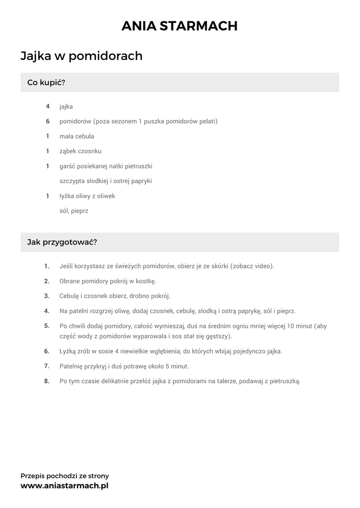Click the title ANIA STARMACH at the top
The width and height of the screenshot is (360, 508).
click(x=180, y=26)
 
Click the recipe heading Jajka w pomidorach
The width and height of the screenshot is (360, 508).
click(x=81, y=56)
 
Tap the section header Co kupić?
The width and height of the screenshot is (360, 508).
click(x=46, y=82)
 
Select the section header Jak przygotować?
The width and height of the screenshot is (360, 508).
click(x=62, y=243)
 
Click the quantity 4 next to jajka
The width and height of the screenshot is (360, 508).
click(x=48, y=106)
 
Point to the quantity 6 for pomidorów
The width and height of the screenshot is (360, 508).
click(x=48, y=121)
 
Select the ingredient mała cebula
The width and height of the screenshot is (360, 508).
click(x=76, y=136)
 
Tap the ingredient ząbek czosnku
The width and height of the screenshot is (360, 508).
click(x=80, y=151)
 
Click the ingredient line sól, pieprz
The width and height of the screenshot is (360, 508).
click(x=73, y=211)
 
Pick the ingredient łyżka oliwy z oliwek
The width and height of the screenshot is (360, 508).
click(x=87, y=196)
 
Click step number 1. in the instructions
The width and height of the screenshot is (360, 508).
click(x=47, y=266)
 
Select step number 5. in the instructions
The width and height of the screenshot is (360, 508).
click(x=47, y=326)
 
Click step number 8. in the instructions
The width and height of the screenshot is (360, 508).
click(x=47, y=381)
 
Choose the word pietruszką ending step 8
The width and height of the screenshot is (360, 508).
click(x=284, y=381)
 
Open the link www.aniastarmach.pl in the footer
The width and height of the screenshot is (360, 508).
click(x=64, y=486)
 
